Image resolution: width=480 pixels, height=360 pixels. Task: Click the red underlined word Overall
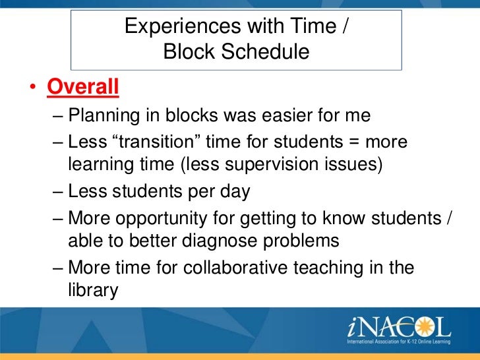[x=83, y=87]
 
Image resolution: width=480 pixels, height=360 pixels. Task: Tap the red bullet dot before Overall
[x=33, y=87]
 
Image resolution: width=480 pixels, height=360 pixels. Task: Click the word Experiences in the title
[x=183, y=26]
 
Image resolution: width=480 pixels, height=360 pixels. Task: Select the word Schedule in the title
[x=265, y=51]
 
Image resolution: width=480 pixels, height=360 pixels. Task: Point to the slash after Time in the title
[x=345, y=26]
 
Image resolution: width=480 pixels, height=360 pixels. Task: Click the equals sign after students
[x=353, y=142]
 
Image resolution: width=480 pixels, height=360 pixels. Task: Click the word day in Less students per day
[x=235, y=193]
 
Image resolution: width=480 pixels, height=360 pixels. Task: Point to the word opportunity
[x=162, y=219]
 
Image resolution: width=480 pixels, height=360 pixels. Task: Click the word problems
[x=301, y=241]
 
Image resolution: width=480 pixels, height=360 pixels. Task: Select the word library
[x=93, y=291]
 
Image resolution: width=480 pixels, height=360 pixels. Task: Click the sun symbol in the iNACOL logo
[x=424, y=326]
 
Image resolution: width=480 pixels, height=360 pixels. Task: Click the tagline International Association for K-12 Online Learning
[x=398, y=342]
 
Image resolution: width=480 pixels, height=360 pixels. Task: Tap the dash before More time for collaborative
[x=58, y=268]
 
